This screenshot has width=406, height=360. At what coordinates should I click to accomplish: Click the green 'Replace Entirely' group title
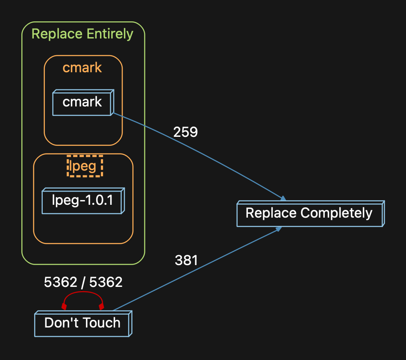82,34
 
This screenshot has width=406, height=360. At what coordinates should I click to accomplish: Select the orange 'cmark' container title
82,68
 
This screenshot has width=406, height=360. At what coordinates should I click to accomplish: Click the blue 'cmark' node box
82,103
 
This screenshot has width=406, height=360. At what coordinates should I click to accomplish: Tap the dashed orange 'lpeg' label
85,166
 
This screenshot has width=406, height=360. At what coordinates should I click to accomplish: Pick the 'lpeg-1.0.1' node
82,200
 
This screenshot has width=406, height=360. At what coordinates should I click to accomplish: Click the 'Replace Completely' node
309,213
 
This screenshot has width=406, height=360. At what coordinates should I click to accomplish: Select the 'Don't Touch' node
82,323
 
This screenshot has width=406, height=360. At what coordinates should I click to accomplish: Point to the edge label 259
185,133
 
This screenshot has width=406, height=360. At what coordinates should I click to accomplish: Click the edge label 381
186,260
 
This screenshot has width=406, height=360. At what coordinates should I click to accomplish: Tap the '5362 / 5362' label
83,282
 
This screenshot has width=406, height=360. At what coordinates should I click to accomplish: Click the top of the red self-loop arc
83,292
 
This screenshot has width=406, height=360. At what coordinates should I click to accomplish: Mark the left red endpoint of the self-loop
64,307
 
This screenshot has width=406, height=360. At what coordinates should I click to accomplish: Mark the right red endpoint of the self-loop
101,307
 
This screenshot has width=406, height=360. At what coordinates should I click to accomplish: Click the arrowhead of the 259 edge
282,198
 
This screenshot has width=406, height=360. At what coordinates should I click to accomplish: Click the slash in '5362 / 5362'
83,282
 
